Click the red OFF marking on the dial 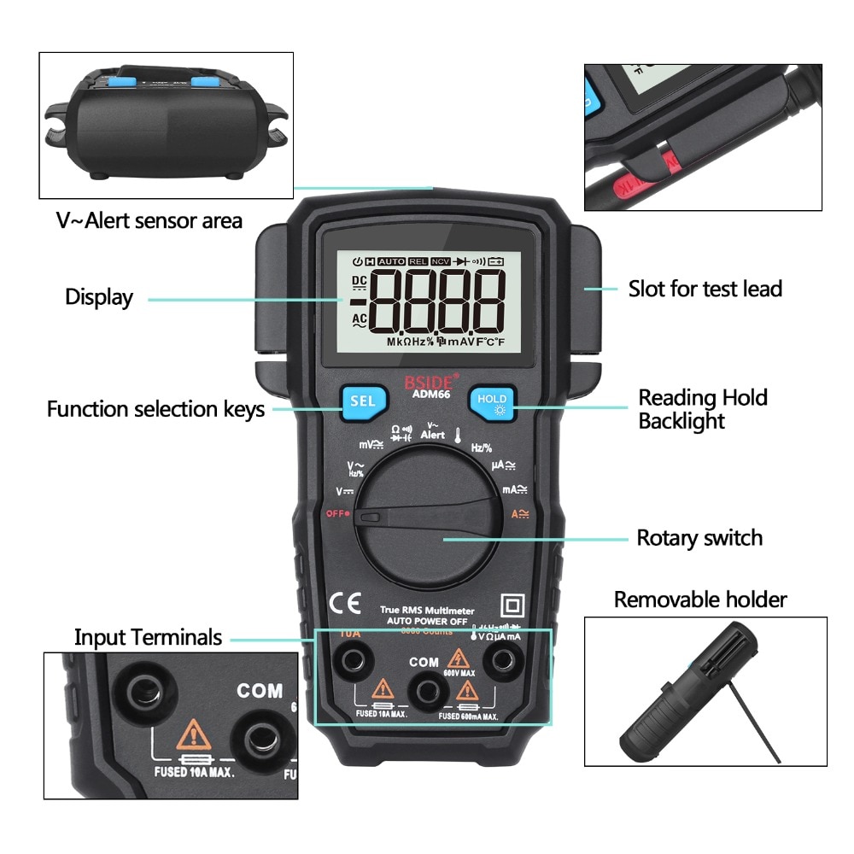coord(336,513)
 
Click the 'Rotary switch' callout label coord(699,538)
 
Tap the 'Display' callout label coord(99,298)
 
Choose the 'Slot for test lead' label coord(705,289)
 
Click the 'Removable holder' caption coord(700,600)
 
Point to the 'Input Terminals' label coord(148,637)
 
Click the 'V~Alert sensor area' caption coord(149,220)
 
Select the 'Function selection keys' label coord(155,410)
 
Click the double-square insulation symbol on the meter coord(513,605)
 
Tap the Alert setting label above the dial coord(432,434)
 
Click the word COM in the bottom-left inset coord(260,690)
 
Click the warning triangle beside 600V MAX coord(459,658)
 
